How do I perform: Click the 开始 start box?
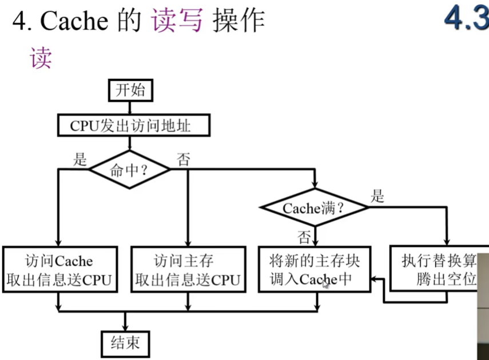(131, 90)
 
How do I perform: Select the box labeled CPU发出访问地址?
(130, 125)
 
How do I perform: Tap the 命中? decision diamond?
(131, 170)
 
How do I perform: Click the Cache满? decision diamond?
(314, 209)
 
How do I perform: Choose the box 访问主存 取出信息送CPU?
(187, 270)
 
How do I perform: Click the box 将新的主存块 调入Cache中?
(314, 270)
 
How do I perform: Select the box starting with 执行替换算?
(438, 270)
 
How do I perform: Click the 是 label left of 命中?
(79, 159)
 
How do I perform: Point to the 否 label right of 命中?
(183, 159)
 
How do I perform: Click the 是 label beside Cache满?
(377, 197)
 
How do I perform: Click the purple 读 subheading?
(41, 58)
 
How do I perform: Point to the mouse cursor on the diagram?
(325, 283)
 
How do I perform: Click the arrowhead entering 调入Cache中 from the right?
(374, 279)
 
